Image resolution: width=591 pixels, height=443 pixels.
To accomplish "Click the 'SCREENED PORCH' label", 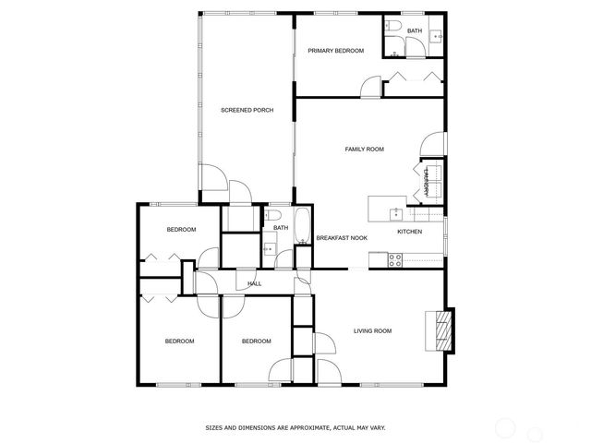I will coord(247,111).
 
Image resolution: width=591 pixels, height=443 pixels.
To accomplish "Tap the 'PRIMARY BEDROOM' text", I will coord(335,51).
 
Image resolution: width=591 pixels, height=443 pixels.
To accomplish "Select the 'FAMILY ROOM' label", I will coord(364,149).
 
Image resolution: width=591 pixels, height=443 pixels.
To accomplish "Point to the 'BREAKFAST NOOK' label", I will coord(342,238).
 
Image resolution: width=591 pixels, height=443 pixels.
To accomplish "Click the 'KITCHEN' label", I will coord(409,232).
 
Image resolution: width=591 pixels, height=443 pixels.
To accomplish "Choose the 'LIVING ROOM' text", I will coord(373,330).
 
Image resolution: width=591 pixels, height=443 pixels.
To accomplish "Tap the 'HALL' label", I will coord(254,283).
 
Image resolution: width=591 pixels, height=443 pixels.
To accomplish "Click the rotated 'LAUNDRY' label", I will coord(427,182).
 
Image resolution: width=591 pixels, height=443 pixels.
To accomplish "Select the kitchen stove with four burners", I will coord(394,260).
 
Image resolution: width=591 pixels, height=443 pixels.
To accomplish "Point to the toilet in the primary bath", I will coord(394,28).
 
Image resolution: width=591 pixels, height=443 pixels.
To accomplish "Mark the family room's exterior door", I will coord(428,146).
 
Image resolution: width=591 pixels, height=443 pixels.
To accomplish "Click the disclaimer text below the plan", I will coord(295,427).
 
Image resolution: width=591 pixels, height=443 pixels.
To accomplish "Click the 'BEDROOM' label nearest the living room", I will coord(256,341).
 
